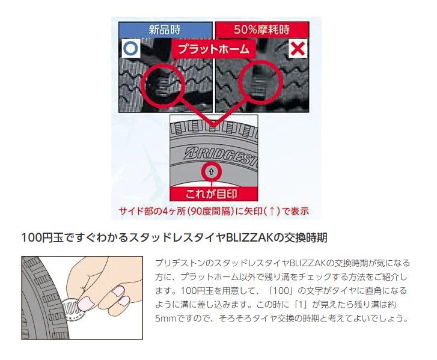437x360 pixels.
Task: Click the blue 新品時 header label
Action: pyautogui.click(x=165, y=29)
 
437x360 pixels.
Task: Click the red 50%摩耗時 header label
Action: pyautogui.click(x=262, y=29)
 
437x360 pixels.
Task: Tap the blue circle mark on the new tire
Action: pyautogui.click(x=130, y=49)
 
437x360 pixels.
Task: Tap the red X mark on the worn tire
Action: pyautogui.click(x=298, y=49)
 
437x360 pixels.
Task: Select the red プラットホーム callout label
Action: pyautogui.click(x=214, y=49)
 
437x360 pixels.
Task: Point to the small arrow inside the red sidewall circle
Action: pyautogui.click(x=211, y=172)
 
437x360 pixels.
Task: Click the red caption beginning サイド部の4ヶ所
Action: pyautogui.click(x=214, y=211)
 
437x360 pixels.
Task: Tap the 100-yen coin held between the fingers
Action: pyautogui.click(x=72, y=310)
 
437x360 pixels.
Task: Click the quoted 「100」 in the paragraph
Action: pyautogui.click(x=281, y=291)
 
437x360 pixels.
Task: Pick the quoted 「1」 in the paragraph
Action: pyautogui.click(x=300, y=304)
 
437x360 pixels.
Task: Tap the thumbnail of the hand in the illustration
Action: pyautogui.click(x=87, y=303)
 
